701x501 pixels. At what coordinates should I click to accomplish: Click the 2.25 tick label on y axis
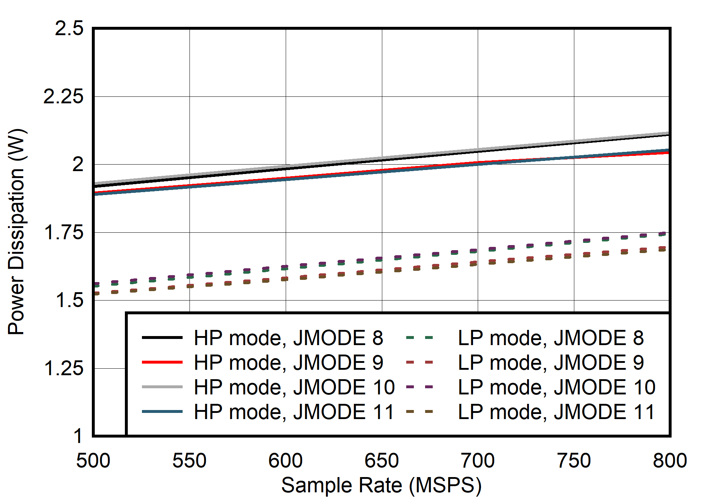point(63,96)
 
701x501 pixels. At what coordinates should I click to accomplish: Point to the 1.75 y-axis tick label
point(63,232)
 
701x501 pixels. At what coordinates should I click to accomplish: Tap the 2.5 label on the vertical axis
point(69,28)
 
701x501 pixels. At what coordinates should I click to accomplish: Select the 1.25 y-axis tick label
point(63,368)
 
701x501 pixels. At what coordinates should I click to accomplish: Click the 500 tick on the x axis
point(93,461)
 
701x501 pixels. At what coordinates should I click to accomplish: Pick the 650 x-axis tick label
point(382,461)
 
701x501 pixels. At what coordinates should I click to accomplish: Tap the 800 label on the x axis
point(669,461)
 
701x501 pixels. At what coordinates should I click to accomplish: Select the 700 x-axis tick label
point(477,461)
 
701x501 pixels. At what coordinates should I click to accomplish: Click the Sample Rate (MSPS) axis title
point(381,485)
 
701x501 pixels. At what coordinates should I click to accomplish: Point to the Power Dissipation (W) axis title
point(17,231)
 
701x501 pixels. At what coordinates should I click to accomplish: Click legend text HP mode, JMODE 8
point(288,338)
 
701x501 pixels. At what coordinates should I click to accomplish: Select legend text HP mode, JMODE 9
point(288,363)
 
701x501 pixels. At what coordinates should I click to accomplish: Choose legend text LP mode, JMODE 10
point(557,387)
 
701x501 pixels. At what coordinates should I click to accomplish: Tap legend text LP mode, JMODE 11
point(556,412)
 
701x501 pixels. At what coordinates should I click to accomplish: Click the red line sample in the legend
point(162,362)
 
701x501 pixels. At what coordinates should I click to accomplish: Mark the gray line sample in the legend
point(162,387)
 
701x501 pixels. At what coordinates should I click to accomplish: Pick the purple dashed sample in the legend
point(420,387)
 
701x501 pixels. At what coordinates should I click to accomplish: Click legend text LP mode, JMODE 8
point(551,338)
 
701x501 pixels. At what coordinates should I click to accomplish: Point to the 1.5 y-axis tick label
point(69,301)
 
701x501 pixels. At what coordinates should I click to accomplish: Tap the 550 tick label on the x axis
point(189,461)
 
